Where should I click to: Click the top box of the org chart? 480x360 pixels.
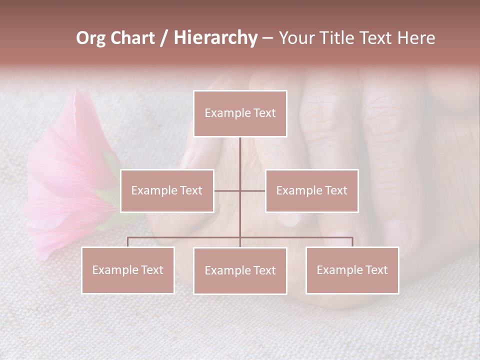[x=240, y=113]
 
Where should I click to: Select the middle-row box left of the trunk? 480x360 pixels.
[x=167, y=190]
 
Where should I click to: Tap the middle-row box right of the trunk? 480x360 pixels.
[x=311, y=190]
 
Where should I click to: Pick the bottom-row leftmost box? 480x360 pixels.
[x=128, y=270]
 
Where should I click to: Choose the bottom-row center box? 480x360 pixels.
[x=240, y=270]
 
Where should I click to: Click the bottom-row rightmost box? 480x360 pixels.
[x=352, y=270]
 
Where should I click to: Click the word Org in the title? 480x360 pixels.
[x=90, y=38]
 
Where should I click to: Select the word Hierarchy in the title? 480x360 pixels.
[x=215, y=38]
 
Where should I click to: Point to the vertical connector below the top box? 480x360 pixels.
[x=240, y=155]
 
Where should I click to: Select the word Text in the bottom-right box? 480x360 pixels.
[x=376, y=270]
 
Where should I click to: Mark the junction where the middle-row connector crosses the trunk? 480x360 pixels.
[x=240, y=190]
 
